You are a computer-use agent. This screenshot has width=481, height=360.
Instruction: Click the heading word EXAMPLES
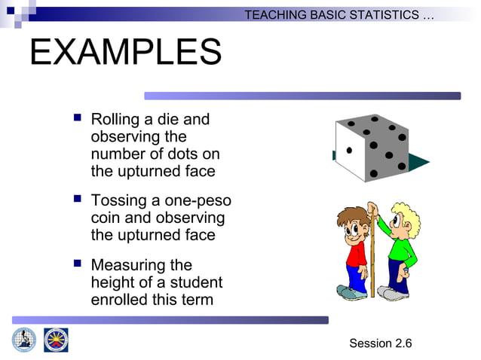[125, 53]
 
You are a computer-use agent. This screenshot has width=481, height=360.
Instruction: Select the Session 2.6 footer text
[380, 343]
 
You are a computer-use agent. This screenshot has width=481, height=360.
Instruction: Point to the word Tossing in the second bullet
[119, 201]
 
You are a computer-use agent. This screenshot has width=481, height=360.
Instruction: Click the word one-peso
[198, 201]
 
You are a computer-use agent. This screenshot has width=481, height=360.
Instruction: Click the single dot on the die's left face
[349, 151]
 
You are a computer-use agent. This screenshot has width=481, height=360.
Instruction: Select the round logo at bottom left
[23, 340]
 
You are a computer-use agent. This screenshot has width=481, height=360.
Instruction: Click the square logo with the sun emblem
[56, 340]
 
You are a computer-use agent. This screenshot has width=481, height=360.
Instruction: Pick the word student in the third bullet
[196, 282]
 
